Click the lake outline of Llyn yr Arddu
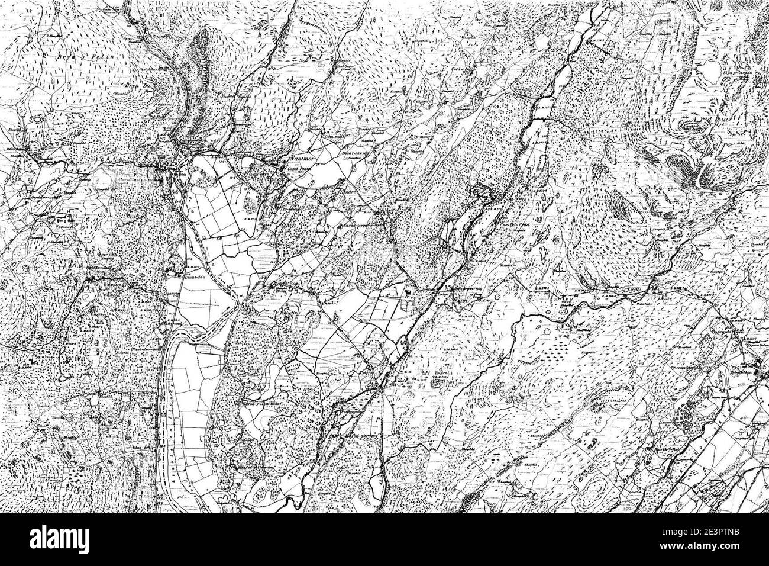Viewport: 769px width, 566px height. (709, 71)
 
